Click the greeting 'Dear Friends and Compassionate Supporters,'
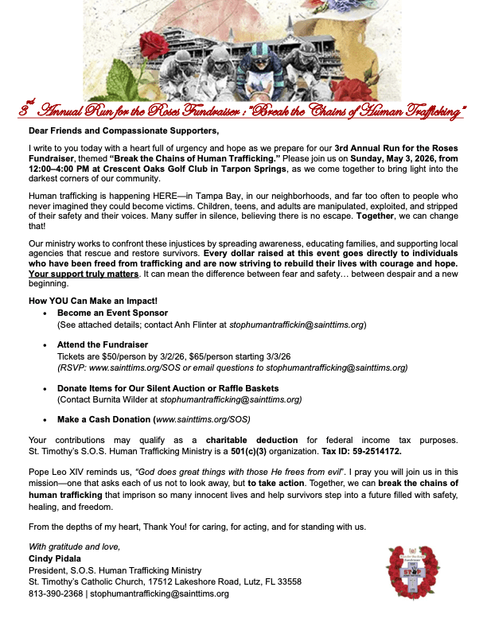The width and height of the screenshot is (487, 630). coord(123,130)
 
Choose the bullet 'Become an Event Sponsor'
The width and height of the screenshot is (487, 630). coord(107,314)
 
